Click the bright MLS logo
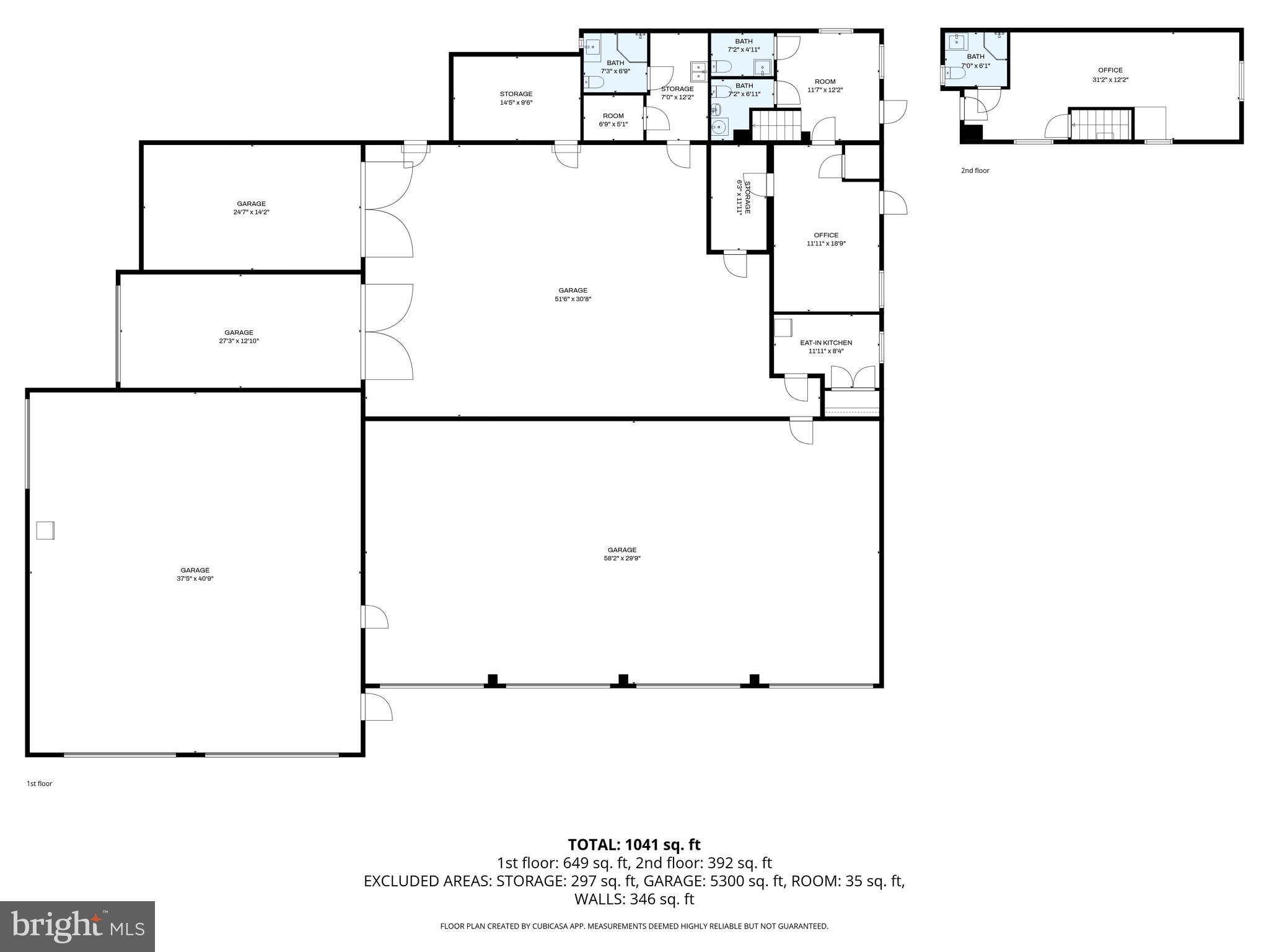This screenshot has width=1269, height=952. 77,926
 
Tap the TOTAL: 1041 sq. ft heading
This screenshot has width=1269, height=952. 634,845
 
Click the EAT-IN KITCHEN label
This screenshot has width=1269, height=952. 826,343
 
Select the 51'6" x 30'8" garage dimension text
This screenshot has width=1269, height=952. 573,299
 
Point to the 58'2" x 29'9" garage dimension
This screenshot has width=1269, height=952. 622,558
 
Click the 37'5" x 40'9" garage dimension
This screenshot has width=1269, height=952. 195,579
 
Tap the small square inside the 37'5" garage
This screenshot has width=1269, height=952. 45,531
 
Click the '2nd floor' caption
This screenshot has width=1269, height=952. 975,170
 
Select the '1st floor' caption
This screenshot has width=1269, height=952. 39,783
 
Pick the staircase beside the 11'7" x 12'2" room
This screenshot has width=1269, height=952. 776,125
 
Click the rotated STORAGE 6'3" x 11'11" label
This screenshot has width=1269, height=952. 743,198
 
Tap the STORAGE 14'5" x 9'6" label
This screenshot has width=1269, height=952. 516,99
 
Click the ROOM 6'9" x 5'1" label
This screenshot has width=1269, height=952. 613,120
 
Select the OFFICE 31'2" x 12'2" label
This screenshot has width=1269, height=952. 1110,75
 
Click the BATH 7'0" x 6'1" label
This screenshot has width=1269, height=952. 976,61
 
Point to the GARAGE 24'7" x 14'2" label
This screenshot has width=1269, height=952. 252,208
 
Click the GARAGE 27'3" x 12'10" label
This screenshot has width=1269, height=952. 239,337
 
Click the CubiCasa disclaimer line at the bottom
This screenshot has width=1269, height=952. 634,926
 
